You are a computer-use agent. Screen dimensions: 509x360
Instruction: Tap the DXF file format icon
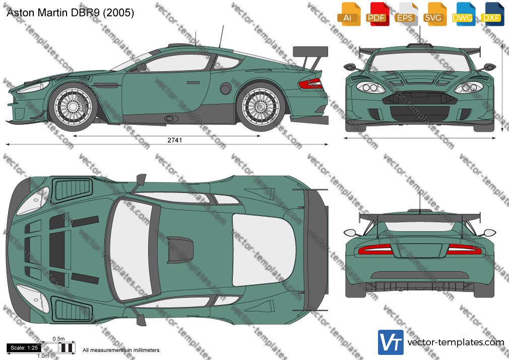tap(492, 14)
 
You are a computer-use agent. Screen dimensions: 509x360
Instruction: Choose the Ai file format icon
tap(349, 14)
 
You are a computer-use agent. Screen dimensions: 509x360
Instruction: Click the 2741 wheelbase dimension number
tap(175, 140)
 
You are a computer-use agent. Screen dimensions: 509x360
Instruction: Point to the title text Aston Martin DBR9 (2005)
tap(70, 13)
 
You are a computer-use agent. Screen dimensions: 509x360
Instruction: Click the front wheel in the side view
tap(73, 107)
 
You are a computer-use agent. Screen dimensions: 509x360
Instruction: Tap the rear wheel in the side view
tap(261, 107)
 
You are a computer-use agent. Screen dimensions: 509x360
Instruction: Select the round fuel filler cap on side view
tap(225, 88)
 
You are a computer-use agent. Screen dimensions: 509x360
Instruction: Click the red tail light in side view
tap(310, 84)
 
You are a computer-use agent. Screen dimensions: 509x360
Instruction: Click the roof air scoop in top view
tap(180, 250)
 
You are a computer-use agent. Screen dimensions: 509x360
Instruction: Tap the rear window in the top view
tap(264, 250)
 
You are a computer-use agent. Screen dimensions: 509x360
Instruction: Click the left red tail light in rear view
tap(375, 250)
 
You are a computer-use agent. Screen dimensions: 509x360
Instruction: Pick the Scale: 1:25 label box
tap(24, 348)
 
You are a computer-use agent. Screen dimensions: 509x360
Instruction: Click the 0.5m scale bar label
tap(58, 339)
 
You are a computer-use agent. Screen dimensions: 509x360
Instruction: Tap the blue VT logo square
tap(391, 342)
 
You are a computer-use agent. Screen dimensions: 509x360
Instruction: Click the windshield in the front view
tap(419, 62)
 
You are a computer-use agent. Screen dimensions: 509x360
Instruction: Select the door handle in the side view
tap(193, 83)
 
